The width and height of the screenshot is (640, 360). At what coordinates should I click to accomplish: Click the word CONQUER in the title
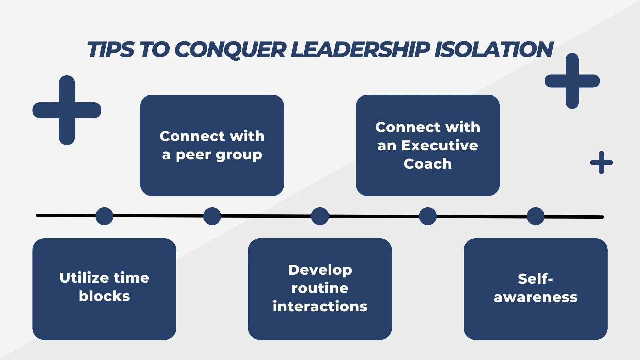tap(230, 50)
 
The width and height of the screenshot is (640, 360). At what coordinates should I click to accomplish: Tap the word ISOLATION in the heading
tap(494, 50)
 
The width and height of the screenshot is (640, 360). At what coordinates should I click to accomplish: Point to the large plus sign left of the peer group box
tap(67, 110)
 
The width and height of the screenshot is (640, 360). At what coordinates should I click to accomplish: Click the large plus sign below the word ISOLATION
tap(572, 81)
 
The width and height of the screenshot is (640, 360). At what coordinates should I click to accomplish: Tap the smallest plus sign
tap(601, 163)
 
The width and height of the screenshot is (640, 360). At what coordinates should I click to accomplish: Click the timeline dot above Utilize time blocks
tap(104, 216)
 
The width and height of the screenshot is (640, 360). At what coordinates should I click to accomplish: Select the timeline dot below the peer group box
tap(212, 216)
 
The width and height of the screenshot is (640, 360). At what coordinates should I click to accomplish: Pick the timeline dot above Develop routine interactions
tap(320, 216)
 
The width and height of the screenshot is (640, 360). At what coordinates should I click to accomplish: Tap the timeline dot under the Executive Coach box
tap(428, 216)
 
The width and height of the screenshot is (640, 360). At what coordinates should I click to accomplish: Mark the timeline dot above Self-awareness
tap(536, 216)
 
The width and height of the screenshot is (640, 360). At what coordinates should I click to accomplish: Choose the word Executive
tap(440, 146)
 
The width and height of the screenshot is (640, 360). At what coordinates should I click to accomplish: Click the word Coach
tap(428, 164)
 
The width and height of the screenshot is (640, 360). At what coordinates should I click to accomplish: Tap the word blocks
tap(104, 296)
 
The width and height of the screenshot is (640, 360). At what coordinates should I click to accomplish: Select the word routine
tap(320, 288)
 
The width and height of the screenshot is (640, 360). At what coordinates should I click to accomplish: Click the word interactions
tap(320, 307)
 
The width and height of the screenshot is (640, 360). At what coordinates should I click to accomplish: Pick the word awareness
tap(536, 297)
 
